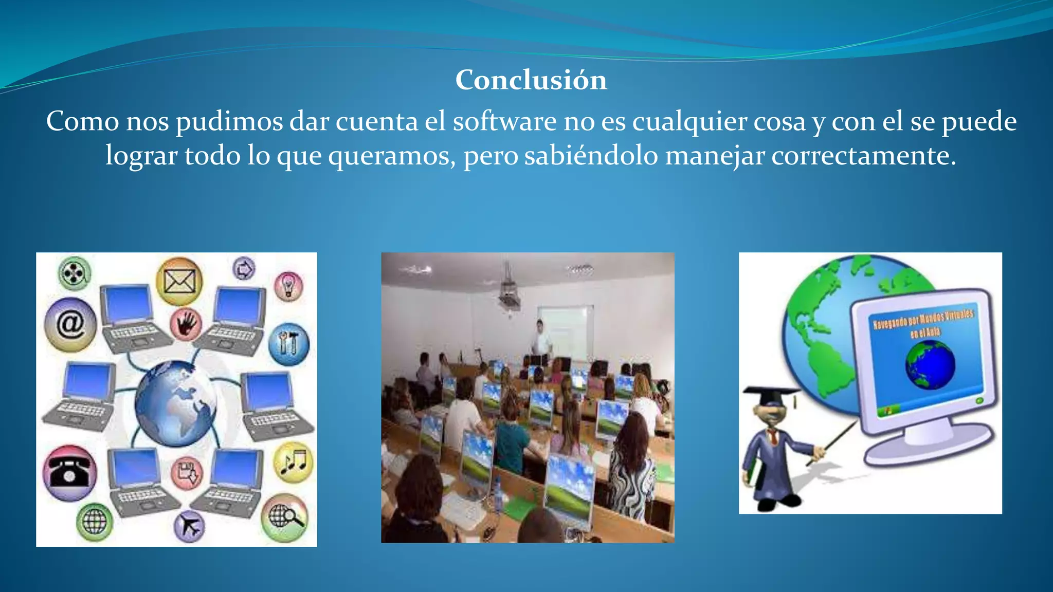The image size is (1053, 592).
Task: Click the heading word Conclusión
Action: pos(531,80)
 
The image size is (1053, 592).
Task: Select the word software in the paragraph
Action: pos(504,122)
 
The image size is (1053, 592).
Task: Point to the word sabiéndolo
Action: pos(591,156)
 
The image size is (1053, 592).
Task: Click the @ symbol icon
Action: pos(70,324)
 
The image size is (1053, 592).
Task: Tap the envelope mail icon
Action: pos(179,281)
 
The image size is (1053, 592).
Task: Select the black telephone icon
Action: pos(70,473)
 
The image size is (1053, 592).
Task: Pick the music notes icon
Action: pos(293,462)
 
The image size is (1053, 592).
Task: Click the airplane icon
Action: pos(189,526)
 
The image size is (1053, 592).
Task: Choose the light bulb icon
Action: pos(288,286)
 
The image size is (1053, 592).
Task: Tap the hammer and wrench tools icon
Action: pos(288,343)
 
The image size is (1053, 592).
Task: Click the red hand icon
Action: pos(186,324)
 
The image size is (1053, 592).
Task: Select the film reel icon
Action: pos(75,272)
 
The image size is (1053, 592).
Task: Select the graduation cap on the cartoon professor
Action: pos(770,397)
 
